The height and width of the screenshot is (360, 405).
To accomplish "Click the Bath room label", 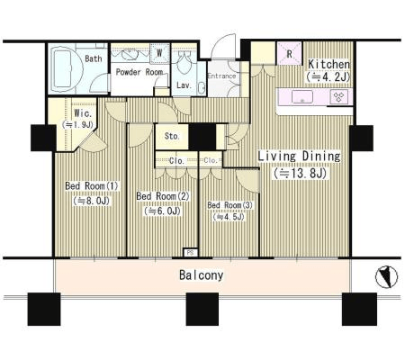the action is tap(94, 58).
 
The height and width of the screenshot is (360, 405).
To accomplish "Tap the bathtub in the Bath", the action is tap(67, 70).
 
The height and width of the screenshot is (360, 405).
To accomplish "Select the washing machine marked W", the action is tap(159, 53).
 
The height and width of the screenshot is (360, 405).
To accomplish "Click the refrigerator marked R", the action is tap(289, 53).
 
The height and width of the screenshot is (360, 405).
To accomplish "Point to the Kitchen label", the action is tap(329, 64).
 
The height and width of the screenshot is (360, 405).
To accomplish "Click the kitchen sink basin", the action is tap(302, 97).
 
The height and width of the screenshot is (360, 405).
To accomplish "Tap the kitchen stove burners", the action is tap(339, 97).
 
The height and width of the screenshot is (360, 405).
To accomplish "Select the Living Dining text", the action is tap(299, 157).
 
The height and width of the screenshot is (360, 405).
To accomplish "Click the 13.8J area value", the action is tap(300, 174).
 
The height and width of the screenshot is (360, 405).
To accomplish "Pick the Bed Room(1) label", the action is tap(92, 185).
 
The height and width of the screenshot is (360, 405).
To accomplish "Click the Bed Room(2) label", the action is tap(163, 196).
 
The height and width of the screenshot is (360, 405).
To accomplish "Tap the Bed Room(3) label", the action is tap(230, 205).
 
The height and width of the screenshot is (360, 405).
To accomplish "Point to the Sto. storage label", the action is tap(172, 136).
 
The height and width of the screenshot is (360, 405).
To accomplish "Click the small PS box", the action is tap(190, 253).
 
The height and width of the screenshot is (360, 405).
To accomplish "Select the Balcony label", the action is tap(202, 275).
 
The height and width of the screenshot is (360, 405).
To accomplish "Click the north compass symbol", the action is tap(386, 277).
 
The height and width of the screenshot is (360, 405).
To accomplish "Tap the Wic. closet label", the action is tap(83, 113).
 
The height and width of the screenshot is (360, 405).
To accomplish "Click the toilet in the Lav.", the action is tap(183, 62).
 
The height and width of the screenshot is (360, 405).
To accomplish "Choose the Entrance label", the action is tap(221, 76).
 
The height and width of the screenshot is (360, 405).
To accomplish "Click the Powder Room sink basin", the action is tap(130, 54).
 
